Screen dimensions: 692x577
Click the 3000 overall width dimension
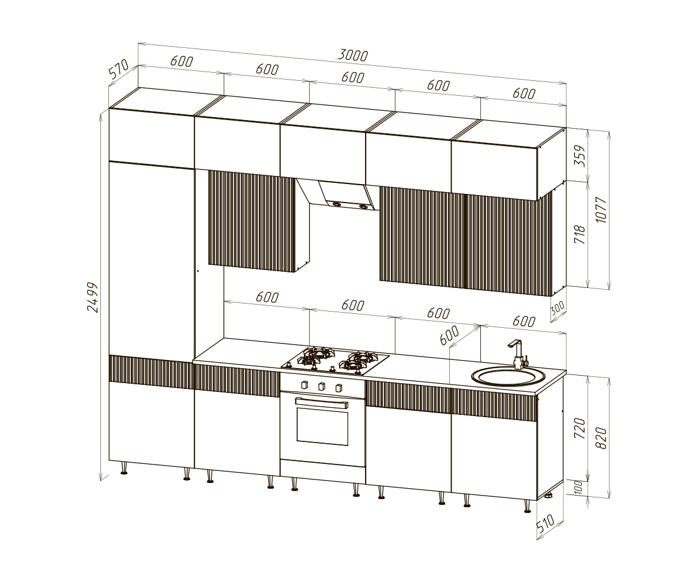tap(352, 55)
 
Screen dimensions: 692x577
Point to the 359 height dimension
tap(581, 156)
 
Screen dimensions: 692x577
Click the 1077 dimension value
tap(601, 210)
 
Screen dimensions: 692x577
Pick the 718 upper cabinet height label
tap(580, 234)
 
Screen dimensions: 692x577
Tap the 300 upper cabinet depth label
tap(558, 309)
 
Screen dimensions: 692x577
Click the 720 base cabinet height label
tap(580, 428)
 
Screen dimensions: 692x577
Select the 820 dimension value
tap(601, 438)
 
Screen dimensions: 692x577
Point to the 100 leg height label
tap(578, 486)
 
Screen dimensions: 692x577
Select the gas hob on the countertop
tap(335, 361)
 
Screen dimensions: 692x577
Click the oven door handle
tap(322, 403)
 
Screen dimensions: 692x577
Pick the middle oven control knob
tap(321, 387)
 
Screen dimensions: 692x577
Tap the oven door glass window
tap(322, 426)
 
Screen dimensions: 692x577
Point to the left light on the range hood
tap(337, 205)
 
